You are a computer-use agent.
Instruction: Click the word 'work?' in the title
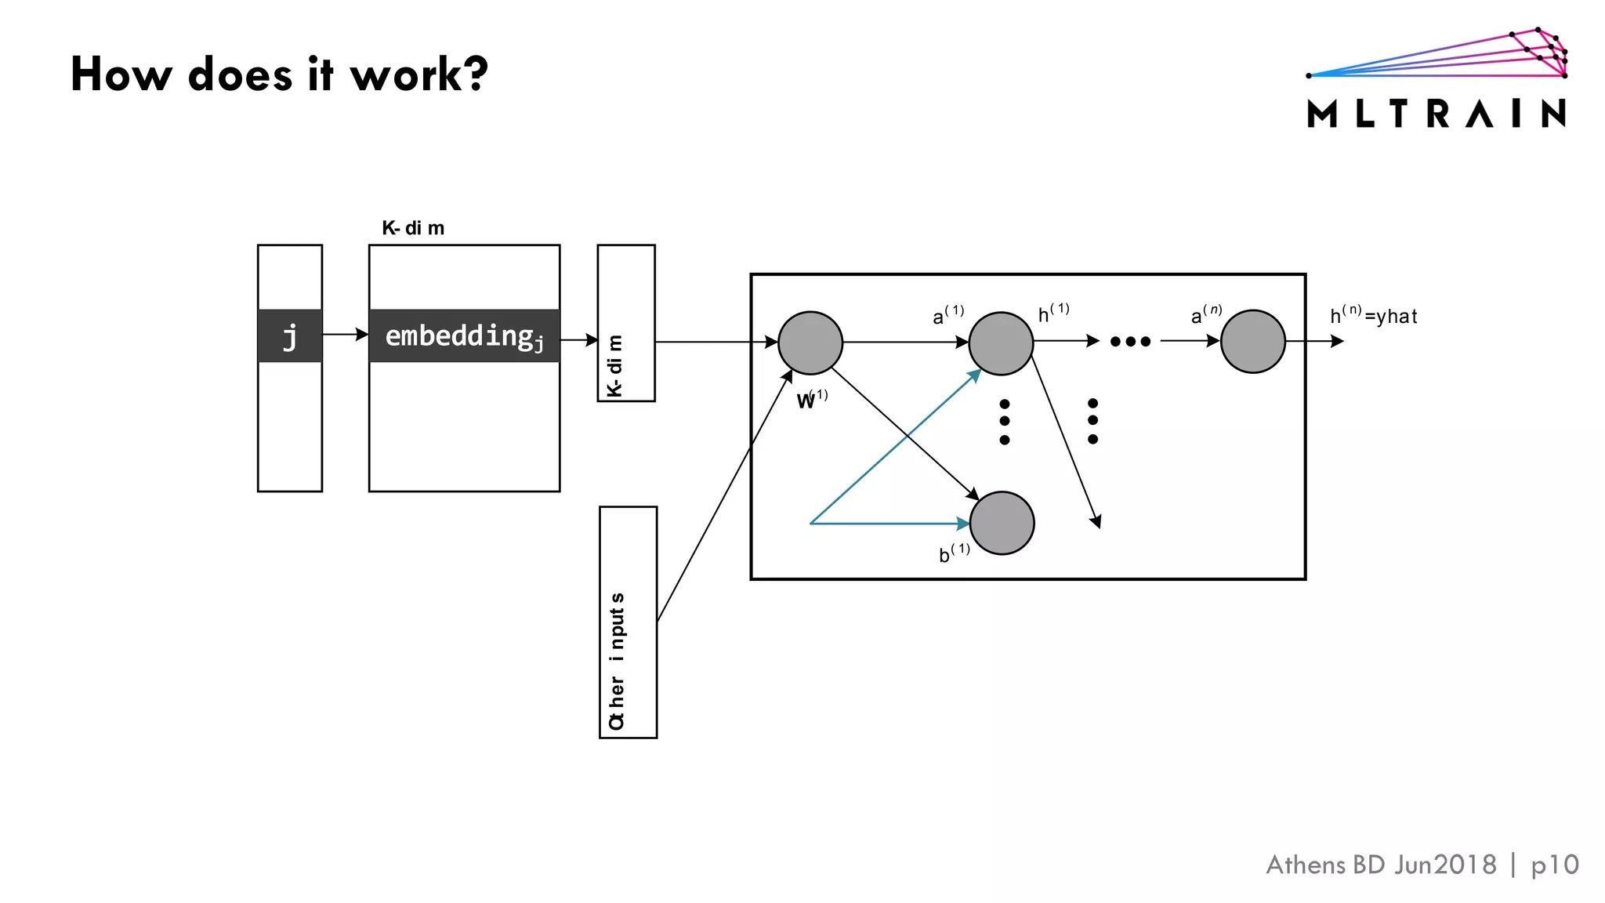(418, 75)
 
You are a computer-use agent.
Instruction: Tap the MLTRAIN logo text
(1437, 114)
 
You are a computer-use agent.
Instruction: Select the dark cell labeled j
(290, 336)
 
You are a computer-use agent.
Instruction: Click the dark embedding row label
(464, 336)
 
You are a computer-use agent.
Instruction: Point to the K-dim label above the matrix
(413, 228)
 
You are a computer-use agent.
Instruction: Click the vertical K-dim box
(625, 323)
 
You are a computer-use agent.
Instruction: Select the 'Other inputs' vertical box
(628, 622)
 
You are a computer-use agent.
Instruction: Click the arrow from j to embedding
(345, 335)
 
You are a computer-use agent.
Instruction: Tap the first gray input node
(810, 343)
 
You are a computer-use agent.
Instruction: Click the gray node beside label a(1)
(1001, 343)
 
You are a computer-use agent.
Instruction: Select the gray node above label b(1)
(1002, 523)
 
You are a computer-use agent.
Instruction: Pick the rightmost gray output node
(1252, 342)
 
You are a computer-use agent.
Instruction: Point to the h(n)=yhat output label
(1373, 315)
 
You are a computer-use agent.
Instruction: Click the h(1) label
(1053, 313)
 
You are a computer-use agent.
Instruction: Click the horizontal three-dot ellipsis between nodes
(1130, 341)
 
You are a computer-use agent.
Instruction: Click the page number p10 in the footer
(1554, 865)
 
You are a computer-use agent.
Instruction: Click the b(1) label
(954, 553)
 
